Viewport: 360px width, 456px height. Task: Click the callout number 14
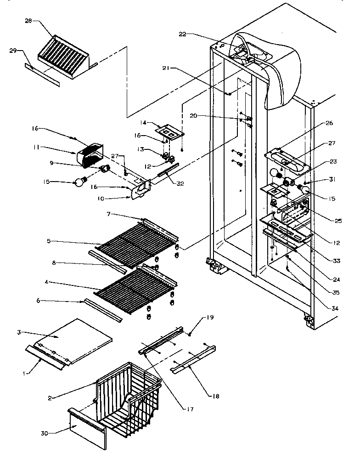(144, 123)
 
